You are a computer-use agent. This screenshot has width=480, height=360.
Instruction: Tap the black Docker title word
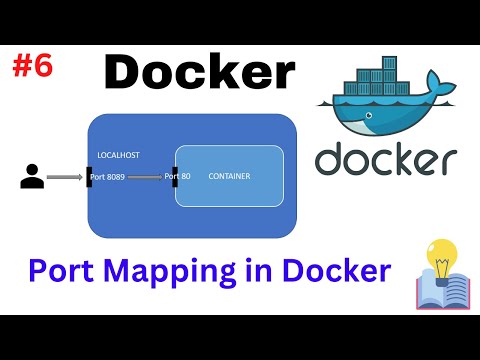200,72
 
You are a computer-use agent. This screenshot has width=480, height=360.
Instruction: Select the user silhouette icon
32,178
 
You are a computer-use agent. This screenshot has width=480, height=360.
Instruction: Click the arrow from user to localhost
64,178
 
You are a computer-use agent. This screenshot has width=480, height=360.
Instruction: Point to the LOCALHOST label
119,156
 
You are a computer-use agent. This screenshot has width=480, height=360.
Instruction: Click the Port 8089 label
109,177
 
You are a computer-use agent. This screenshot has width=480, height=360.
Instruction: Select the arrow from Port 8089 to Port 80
146,178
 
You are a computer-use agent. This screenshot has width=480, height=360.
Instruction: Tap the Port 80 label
178,177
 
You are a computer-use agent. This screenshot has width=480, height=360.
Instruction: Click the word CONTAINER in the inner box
229,177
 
